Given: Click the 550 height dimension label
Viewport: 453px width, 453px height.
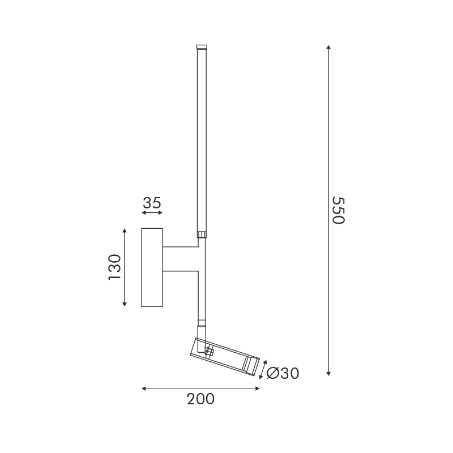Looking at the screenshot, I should (337, 211).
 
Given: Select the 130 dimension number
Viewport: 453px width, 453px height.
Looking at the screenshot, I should (114, 267).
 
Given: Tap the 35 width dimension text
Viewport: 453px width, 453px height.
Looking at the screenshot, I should (152, 203).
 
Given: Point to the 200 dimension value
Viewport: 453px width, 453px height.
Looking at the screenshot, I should (200, 399).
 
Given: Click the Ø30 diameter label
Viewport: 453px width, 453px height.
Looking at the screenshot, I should (282, 373).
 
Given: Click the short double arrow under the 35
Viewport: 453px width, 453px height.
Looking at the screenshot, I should (152, 213).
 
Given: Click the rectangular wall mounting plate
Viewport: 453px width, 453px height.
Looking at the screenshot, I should (152, 267).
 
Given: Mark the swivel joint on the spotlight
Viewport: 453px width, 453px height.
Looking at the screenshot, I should (208, 352).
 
